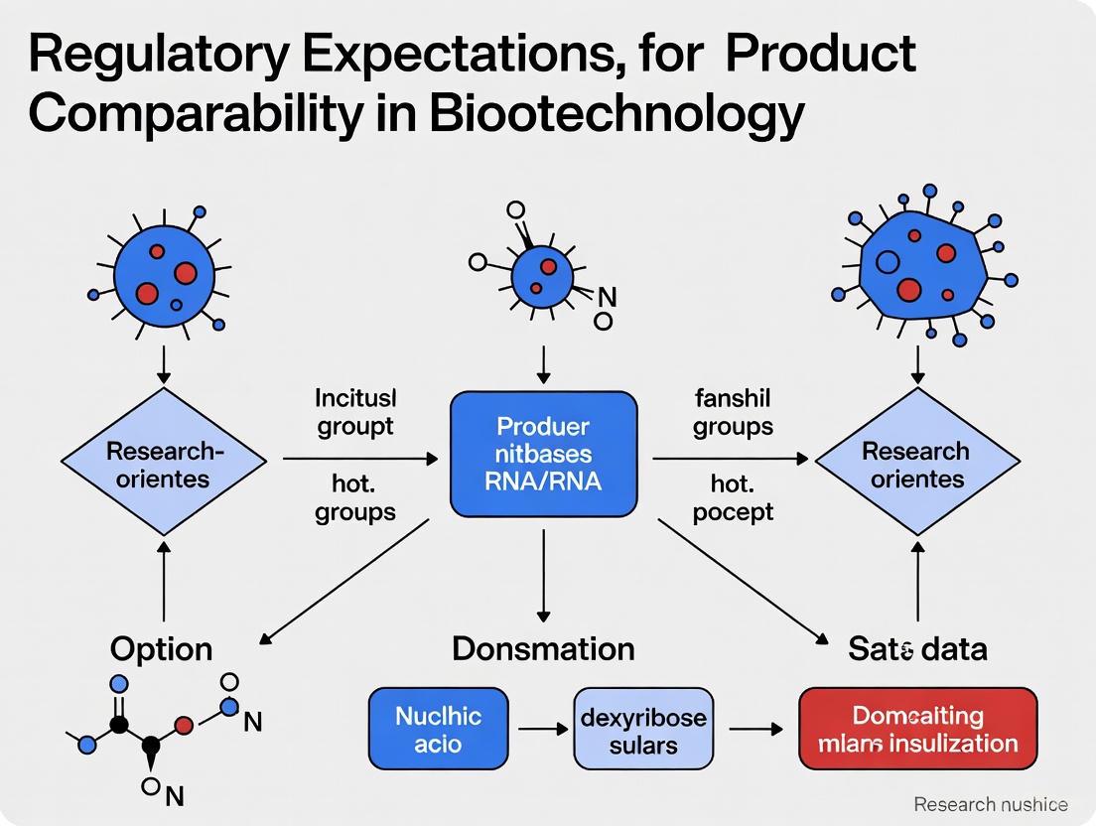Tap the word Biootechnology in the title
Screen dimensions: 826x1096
(x=616, y=115)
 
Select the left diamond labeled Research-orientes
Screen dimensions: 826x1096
(x=164, y=464)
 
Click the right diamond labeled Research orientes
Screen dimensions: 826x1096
(x=916, y=464)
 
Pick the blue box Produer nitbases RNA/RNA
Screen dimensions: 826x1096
(x=543, y=454)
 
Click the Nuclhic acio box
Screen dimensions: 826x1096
(x=438, y=729)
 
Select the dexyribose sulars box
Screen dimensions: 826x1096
(x=643, y=729)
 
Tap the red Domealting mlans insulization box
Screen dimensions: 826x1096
(x=917, y=729)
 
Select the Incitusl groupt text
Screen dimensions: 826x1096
(x=355, y=412)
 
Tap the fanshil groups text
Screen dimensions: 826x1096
(x=733, y=412)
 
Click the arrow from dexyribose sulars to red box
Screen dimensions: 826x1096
(x=755, y=730)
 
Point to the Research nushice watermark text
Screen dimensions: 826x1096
(x=990, y=803)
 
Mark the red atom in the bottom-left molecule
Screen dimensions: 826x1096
(x=184, y=723)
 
